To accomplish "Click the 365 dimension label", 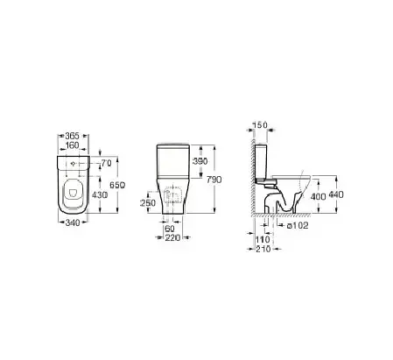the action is coord(73,136).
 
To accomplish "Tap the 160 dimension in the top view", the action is coord(73,145).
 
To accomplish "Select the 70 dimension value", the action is coord(107,164).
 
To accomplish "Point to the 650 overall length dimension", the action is coord(117,185).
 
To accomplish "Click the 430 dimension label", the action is coord(100,194).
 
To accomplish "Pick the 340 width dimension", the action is coord(73,223).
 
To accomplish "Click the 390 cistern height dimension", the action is coord(200,161).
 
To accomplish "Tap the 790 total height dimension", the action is coord(214,180).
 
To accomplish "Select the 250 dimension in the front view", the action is coord(148,202).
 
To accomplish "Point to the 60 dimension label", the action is coord(170,229).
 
